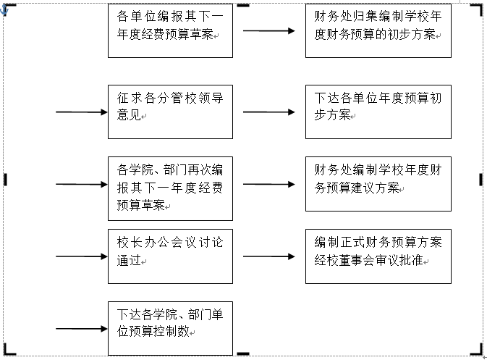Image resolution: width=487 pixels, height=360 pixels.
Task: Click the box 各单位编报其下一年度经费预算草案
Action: click(x=170, y=30)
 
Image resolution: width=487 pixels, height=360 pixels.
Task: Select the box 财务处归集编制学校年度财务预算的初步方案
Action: click(x=378, y=30)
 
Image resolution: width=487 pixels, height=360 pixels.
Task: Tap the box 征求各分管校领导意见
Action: click(x=170, y=112)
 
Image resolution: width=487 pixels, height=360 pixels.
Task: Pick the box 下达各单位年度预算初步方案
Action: click(x=378, y=112)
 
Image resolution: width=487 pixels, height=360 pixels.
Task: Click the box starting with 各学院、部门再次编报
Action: click(x=170, y=188)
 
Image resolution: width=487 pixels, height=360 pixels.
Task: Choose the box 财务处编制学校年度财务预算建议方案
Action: click(x=378, y=184)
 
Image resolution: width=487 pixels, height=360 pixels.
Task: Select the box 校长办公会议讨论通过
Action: click(x=170, y=256)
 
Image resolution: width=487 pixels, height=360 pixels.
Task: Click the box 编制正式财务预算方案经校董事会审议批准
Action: click(x=378, y=256)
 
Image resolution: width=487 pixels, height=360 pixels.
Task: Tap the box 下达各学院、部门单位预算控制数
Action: click(x=170, y=328)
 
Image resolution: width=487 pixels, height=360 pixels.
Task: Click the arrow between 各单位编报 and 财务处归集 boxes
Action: click(x=268, y=31)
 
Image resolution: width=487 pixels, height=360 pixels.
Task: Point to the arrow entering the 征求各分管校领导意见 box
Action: click(x=81, y=112)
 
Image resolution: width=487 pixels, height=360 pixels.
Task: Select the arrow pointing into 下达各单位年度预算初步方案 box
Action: click(x=268, y=112)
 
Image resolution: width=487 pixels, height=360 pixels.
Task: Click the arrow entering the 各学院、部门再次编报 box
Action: click(x=81, y=184)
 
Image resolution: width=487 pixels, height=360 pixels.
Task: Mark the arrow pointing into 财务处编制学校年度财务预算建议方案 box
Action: click(x=268, y=184)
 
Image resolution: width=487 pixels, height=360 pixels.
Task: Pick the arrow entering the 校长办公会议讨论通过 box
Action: click(x=81, y=256)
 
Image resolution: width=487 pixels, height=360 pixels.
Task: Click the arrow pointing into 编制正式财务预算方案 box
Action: click(x=268, y=256)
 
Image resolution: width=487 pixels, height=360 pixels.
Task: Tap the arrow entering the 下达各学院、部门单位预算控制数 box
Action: click(x=81, y=329)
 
